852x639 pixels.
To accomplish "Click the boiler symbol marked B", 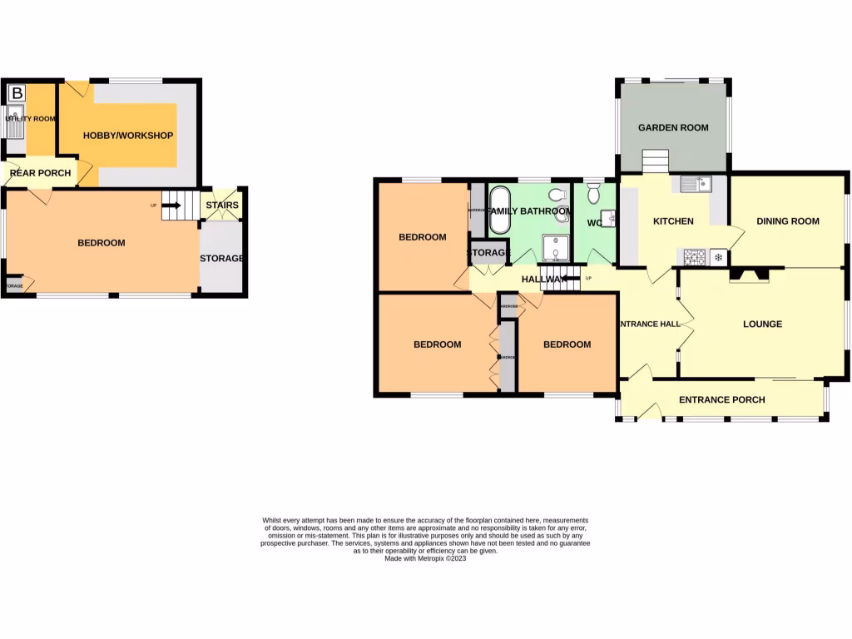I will tap(17, 93).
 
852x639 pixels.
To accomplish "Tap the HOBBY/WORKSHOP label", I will tap(127, 136).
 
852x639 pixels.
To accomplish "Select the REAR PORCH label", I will tap(39, 173).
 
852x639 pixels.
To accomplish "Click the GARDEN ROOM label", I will tap(673, 127).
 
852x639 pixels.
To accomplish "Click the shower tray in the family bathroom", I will tap(554, 248).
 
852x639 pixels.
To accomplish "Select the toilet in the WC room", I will tap(594, 194).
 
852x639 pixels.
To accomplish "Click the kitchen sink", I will tap(695, 185).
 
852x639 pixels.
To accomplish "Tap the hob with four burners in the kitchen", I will tap(695, 258).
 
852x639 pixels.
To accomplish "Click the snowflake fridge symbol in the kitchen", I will tap(718, 258).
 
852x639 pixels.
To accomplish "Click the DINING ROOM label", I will tap(787, 221).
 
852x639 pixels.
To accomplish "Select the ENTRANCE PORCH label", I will tap(721, 399).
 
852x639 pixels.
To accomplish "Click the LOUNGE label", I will tap(762, 324).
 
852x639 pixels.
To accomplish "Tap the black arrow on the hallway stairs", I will tap(570, 279).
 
